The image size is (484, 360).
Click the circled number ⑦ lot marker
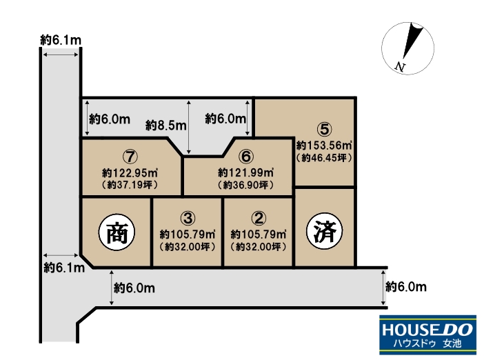click(130, 157)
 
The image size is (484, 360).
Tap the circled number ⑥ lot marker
click(246, 157)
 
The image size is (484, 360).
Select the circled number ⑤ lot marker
click(325, 129)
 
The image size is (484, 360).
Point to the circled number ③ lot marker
click(188, 218)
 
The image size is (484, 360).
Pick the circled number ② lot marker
click(259, 218)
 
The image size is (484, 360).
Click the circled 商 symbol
click(117, 232)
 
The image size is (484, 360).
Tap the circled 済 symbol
click(325, 231)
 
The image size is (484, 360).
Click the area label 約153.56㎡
click(325, 145)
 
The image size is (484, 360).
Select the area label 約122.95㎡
click(130, 172)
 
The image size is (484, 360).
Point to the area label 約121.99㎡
click(245, 172)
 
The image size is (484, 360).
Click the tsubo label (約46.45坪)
click(324, 158)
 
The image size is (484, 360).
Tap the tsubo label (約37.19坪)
click(130, 185)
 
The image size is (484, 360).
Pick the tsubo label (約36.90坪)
click(245, 185)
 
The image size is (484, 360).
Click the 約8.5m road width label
click(166, 126)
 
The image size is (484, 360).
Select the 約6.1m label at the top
click(61, 40)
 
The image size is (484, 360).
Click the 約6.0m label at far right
click(406, 287)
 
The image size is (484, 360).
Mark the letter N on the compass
click(400, 67)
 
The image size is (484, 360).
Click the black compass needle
click(412, 41)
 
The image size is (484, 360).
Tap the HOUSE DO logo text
click(427, 330)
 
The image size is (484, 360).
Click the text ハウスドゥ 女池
click(427, 343)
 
